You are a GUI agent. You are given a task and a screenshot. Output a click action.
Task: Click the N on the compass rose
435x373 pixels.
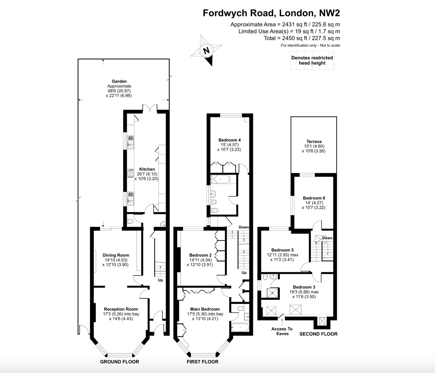(x=206, y=51)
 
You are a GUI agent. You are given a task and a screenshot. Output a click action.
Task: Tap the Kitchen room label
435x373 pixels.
(x=147, y=169)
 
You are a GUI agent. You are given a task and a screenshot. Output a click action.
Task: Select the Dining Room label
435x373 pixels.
(x=116, y=255)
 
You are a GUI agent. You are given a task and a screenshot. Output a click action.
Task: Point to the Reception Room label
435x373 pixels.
(x=121, y=309)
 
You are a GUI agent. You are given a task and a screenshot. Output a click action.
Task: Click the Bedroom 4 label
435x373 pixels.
(x=230, y=140)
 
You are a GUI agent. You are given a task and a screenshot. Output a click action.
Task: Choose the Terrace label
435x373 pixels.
(x=314, y=141)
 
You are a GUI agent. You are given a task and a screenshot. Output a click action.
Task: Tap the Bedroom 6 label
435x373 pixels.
(x=314, y=198)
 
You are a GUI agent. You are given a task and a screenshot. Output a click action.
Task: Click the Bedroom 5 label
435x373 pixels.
(x=282, y=250)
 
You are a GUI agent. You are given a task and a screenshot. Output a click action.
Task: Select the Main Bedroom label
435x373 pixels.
(x=205, y=309)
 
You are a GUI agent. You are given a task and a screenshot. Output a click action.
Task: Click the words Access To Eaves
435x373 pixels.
(x=282, y=331)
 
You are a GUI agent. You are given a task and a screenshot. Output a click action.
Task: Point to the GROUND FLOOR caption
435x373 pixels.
(x=119, y=362)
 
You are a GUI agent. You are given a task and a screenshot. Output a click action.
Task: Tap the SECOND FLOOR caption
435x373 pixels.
(x=318, y=334)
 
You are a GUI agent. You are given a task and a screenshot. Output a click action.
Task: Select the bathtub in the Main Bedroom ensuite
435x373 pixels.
(x=240, y=328)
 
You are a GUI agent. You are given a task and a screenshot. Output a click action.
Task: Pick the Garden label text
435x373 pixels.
(x=119, y=81)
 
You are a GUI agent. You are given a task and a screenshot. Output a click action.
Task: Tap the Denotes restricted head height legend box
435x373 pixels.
(x=312, y=60)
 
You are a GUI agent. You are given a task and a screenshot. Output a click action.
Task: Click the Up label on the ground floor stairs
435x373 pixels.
(x=160, y=280)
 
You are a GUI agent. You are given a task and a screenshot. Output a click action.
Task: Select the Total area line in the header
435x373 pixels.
(x=302, y=38)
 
